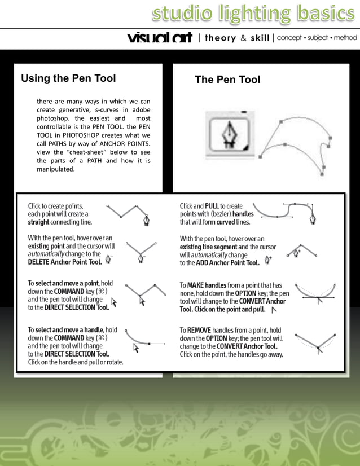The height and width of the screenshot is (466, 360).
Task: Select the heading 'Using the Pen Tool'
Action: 68,78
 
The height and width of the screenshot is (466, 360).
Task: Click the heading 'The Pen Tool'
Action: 227,80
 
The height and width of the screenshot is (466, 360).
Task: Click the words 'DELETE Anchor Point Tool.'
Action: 65,262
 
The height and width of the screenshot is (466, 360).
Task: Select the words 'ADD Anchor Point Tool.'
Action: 228,262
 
